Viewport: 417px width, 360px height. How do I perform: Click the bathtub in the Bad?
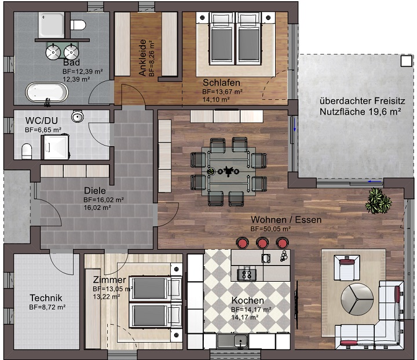46,92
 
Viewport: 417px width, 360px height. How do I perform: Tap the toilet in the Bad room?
78,25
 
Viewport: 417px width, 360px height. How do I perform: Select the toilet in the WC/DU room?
26,152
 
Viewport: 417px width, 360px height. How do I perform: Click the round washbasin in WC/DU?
78,118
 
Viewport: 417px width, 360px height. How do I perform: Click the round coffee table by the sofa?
354,298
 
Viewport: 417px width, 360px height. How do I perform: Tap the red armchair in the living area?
348,268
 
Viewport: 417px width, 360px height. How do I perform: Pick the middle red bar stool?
263,243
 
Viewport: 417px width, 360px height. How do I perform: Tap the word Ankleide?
142,58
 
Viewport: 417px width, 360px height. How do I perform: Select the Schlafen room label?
218,82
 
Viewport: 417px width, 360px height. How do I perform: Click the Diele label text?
95,190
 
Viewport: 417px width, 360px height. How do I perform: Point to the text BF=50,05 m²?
270,229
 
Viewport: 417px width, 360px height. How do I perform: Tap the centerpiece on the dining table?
226,171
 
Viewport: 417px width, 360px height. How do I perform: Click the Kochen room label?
248,300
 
